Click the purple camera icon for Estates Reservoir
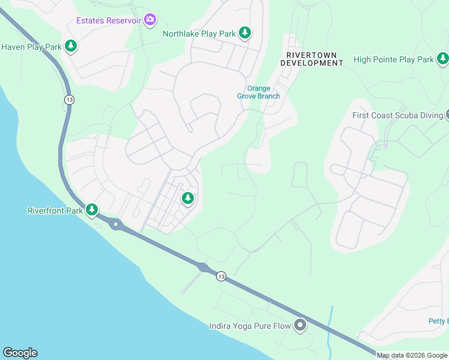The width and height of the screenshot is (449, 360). tap(150, 21)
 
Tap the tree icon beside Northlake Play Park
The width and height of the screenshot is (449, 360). tap(244, 33)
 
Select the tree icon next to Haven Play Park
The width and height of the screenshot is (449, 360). tap(71, 46)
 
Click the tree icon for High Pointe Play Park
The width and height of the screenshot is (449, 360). tap(442, 59)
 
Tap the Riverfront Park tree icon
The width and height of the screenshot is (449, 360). tap(91, 210)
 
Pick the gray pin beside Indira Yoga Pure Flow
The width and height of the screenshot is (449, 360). tap(300, 326)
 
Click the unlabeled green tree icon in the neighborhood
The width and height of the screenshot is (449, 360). tap(188, 197)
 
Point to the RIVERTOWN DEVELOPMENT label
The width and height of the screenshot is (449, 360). tap(312, 59)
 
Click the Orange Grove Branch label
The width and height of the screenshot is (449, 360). tap(259, 92)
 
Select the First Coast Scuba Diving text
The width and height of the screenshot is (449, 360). tap(397, 115)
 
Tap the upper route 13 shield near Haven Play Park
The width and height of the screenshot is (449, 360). tap(69, 100)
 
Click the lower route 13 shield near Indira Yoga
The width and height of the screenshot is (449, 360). tap(221, 276)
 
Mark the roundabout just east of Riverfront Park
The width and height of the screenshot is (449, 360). tap(116, 224)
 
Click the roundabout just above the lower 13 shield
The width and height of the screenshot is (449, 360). tap(203, 267)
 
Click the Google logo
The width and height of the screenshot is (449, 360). tap(20, 353)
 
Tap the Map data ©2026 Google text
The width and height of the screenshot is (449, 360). tap(412, 355)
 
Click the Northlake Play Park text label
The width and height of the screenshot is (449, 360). tap(199, 34)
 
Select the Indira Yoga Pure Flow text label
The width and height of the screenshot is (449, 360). tap(250, 326)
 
